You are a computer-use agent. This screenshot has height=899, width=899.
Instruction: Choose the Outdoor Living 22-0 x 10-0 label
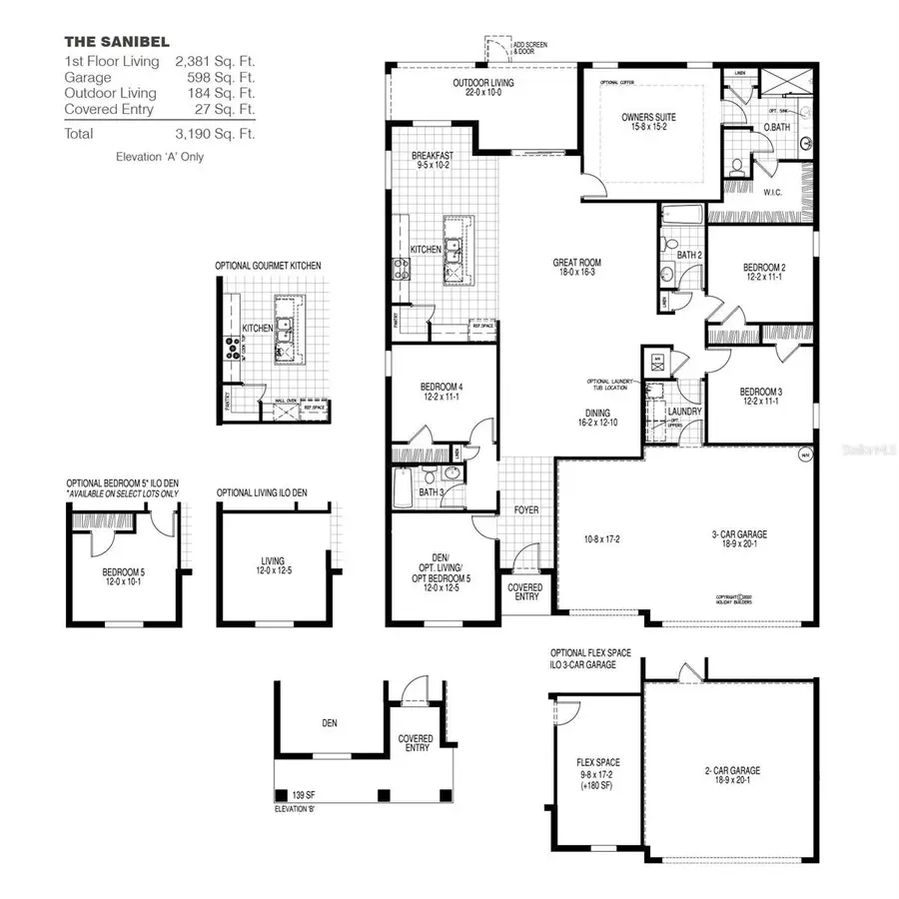coord(482,88)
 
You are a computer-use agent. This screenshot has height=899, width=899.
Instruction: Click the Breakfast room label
coord(433,162)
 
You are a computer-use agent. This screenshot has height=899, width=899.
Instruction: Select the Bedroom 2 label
coord(764,272)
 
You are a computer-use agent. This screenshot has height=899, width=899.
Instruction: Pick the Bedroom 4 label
coord(441,391)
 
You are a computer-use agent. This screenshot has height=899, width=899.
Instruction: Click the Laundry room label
coord(684,412)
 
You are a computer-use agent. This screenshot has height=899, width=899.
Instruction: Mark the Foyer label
coord(526,510)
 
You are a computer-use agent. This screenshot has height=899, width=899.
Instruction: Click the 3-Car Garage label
coord(738,540)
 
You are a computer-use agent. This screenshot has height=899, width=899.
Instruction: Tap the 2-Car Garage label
coord(731,775)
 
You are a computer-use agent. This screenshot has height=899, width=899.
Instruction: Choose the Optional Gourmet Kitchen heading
coord(268,266)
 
